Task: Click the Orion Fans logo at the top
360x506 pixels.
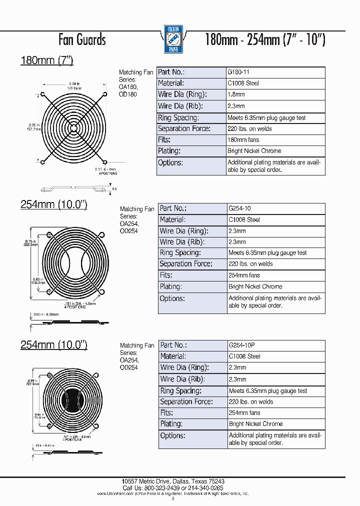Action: point(173,39)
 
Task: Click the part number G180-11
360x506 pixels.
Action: point(239,72)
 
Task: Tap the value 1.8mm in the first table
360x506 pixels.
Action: point(236,94)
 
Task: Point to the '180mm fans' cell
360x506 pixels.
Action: point(243,139)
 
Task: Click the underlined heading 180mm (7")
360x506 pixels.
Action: point(46,60)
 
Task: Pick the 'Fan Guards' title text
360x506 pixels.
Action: point(82,39)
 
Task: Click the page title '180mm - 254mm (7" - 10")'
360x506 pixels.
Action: point(265,39)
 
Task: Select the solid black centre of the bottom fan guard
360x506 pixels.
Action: point(73,399)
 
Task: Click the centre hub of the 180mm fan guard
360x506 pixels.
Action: point(74,127)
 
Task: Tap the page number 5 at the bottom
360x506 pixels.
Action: point(173,498)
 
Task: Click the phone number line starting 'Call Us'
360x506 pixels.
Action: point(172,487)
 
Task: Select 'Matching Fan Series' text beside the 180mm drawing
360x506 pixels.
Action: point(135,76)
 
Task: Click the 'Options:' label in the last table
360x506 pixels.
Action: point(172,435)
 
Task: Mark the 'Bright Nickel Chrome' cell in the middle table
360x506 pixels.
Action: point(255,286)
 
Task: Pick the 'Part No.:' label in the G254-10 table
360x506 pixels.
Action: point(173,208)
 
